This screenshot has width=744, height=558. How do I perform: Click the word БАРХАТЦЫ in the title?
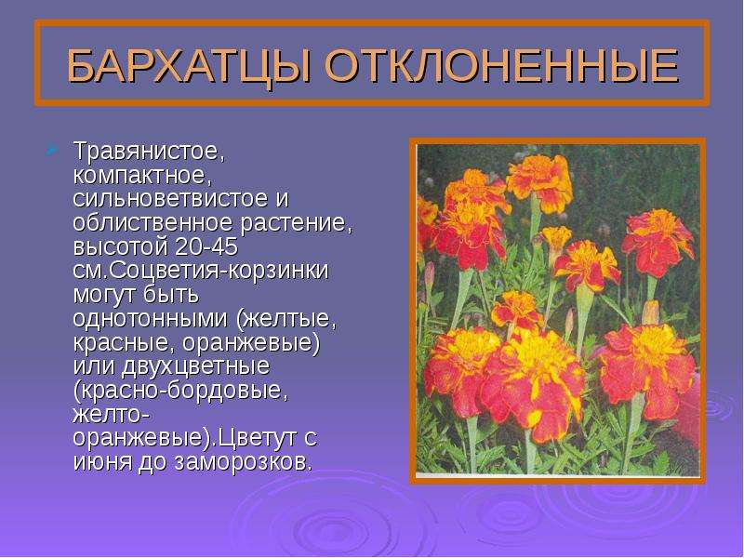190,66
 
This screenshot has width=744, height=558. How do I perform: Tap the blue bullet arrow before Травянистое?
52,151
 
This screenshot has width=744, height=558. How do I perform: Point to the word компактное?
142,176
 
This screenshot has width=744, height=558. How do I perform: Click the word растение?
297,224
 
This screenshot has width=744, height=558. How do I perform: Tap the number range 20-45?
206,246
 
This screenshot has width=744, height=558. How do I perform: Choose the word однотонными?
151,318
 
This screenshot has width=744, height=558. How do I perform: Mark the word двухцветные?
195,366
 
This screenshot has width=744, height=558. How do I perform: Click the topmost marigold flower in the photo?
539,181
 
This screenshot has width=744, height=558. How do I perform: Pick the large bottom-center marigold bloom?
532,383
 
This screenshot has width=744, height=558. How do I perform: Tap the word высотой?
121,247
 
